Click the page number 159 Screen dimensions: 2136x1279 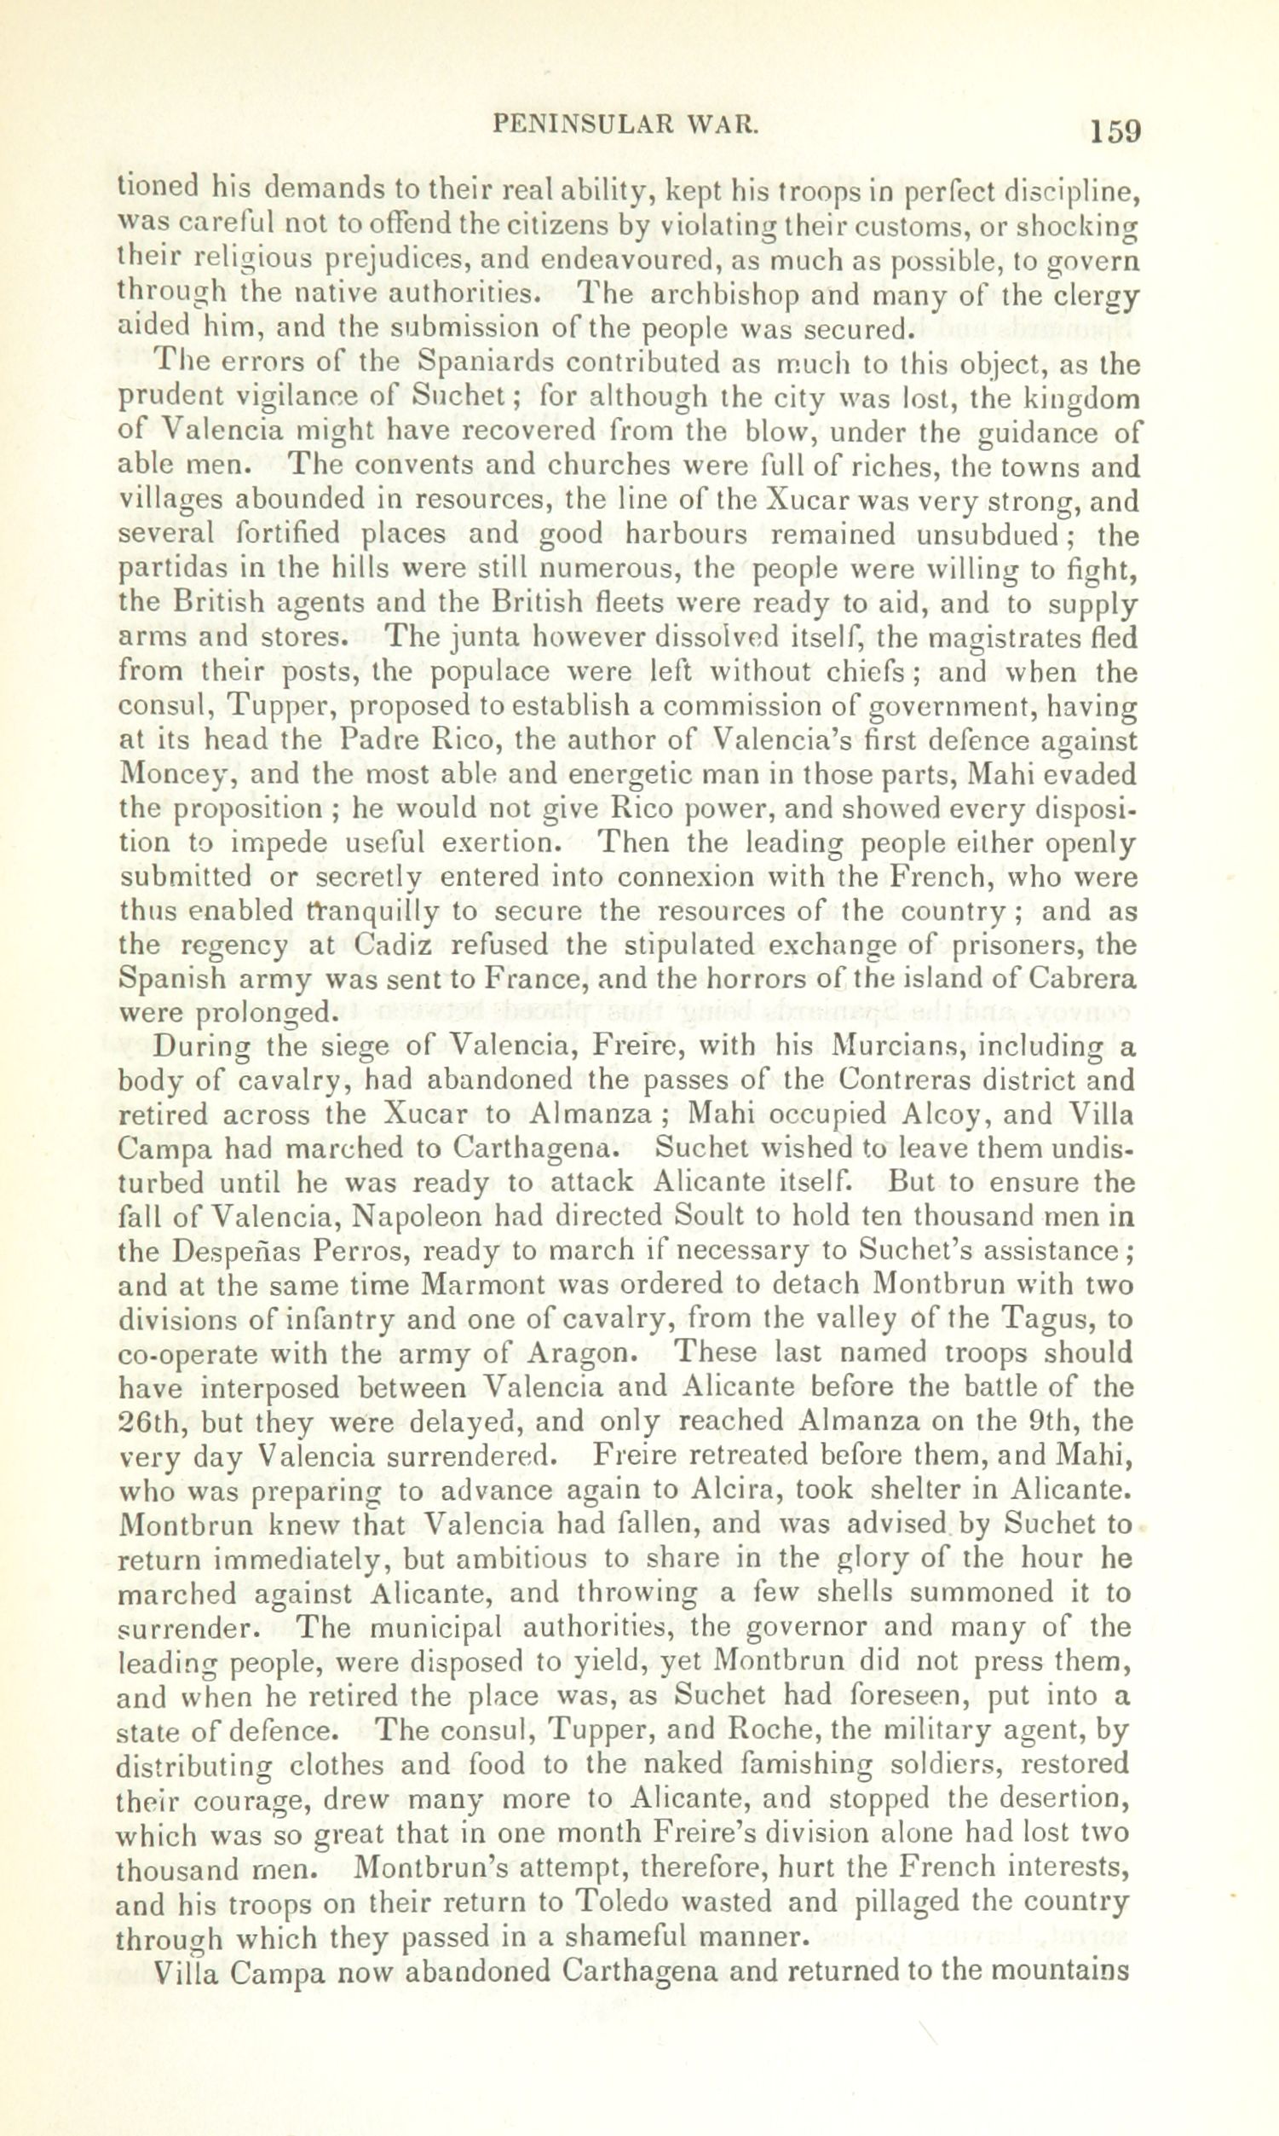point(1115,132)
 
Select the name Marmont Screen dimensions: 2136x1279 point(483,1286)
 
